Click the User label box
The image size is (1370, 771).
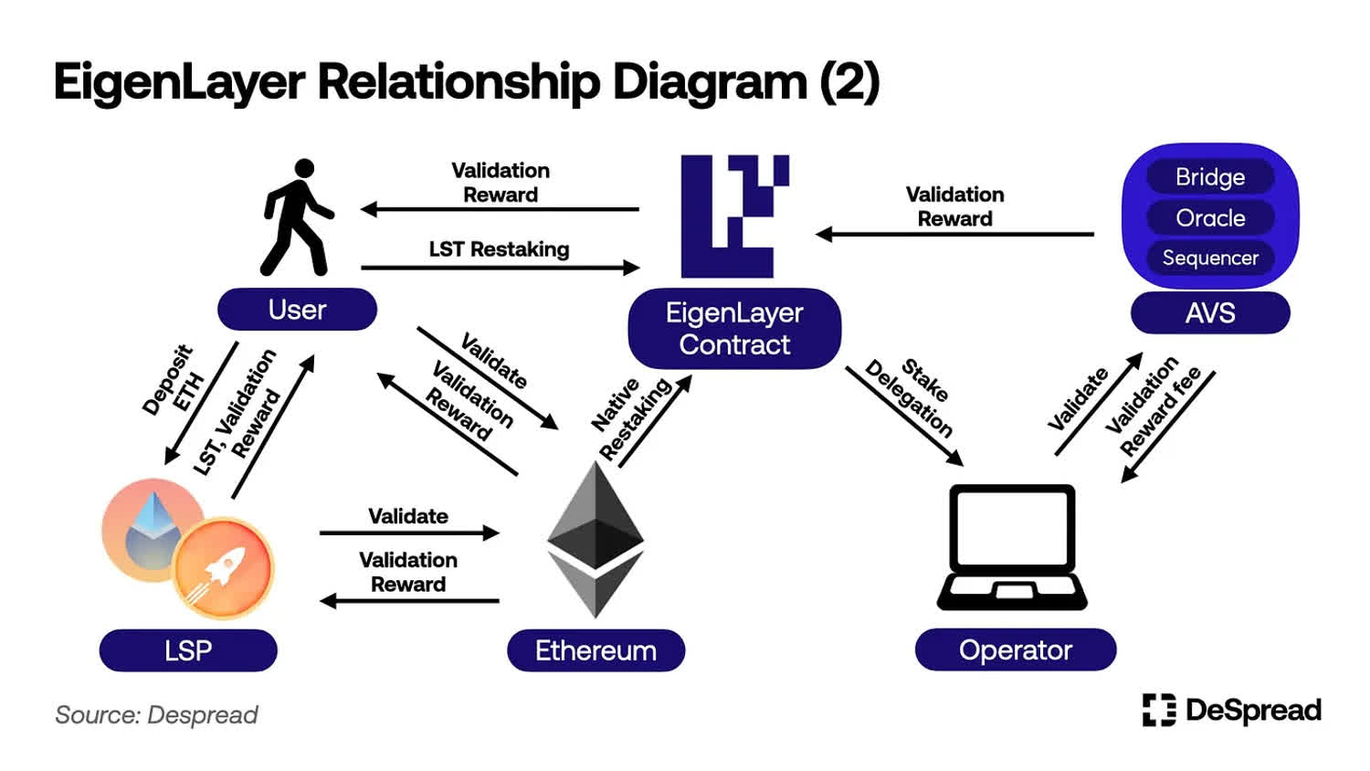coord(297,310)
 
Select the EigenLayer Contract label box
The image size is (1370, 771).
coord(734,329)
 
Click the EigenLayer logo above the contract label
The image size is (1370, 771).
coord(734,216)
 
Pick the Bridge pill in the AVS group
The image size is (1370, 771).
coord(1210,176)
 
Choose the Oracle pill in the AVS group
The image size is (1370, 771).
coord(1210,217)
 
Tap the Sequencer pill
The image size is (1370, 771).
coord(1210,258)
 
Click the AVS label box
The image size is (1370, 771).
coord(1210,313)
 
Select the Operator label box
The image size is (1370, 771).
coord(1015,650)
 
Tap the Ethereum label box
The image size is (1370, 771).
coord(595,650)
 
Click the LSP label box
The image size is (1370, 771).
coord(188,650)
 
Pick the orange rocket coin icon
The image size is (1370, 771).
coord(223,567)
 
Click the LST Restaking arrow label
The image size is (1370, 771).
coord(499,249)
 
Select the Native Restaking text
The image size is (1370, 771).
coord(629,416)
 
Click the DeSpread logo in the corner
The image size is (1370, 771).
coord(1231,710)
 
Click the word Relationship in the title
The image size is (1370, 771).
coord(458,82)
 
